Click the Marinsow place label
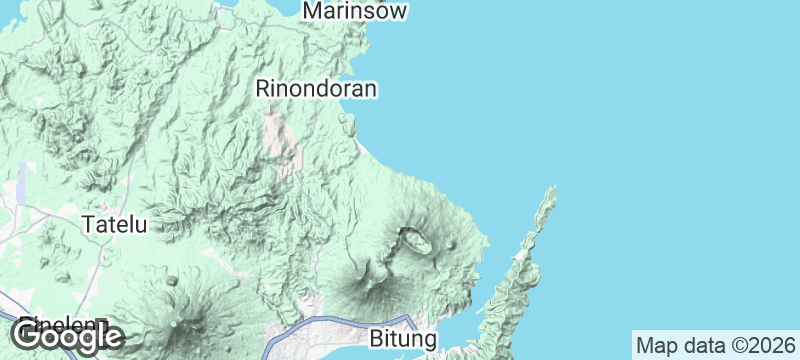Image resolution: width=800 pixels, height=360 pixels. [x=357, y=11]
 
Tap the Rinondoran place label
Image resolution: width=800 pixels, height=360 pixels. [x=316, y=89]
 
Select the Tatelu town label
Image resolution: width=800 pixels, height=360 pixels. [x=114, y=224]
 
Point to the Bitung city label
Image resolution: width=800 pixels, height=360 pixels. [x=404, y=339]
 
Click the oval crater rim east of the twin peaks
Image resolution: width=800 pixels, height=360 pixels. [x=414, y=240]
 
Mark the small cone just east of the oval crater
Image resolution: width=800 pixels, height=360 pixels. [x=452, y=244]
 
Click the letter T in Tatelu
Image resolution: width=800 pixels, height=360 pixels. [x=87, y=224]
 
